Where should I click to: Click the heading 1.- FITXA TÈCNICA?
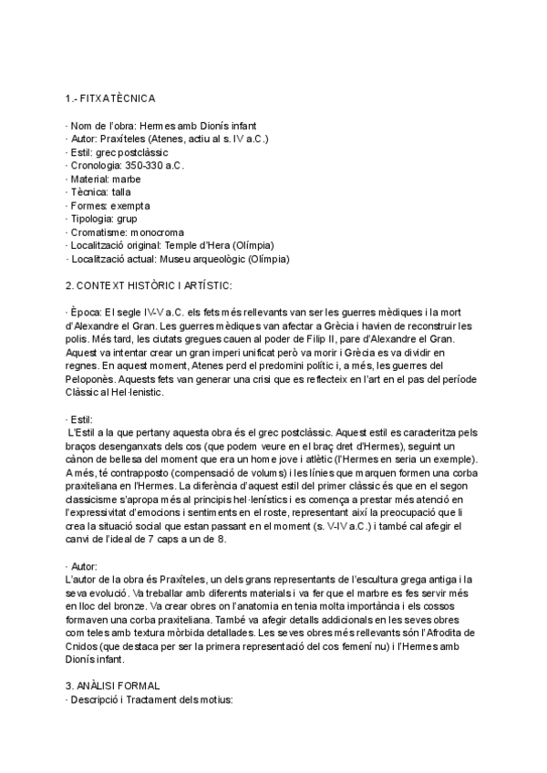click(x=110, y=98)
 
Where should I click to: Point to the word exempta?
click(x=129, y=206)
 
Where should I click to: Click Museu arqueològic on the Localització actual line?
click(x=204, y=259)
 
